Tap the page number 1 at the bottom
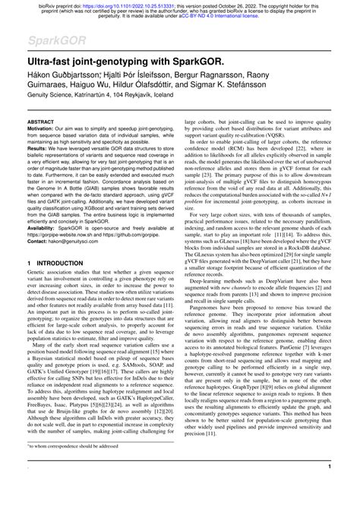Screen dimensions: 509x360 click(328, 487)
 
